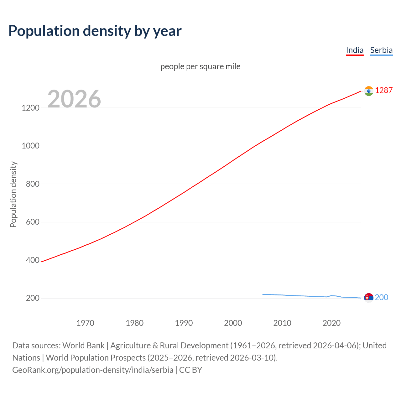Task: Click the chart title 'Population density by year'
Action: pyautogui.click(x=95, y=31)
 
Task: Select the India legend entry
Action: pyautogui.click(x=355, y=50)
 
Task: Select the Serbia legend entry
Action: pyautogui.click(x=381, y=50)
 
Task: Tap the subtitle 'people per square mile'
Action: pyautogui.click(x=200, y=66)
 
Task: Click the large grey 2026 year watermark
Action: pyautogui.click(x=74, y=99)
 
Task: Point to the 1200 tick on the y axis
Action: pyautogui.click(x=31, y=108)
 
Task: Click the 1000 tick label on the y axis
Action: pyautogui.click(x=31, y=146)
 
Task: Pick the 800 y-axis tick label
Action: pyautogui.click(x=33, y=184)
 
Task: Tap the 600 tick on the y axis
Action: pyautogui.click(x=33, y=222)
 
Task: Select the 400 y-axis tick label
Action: pyautogui.click(x=33, y=260)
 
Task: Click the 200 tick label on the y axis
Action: pyautogui.click(x=33, y=298)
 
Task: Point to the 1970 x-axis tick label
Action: pyautogui.click(x=85, y=323)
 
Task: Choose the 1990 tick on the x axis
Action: pyautogui.click(x=184, y=323)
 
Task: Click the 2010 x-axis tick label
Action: pyautogui.click(x=282, y=323)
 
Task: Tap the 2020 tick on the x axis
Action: pyautogui.click(x=331, y=323)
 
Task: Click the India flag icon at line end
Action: pyautogui.click(x=369, y=91)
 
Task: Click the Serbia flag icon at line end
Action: pyautogui.click(x=369, y=298)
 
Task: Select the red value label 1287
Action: pyautogui.click(x=384, y=91)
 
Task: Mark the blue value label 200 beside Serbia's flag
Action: pyautogui.click(x=382, y=297)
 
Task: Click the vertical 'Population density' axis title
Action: pyautogui.click(x=13, y=194)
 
